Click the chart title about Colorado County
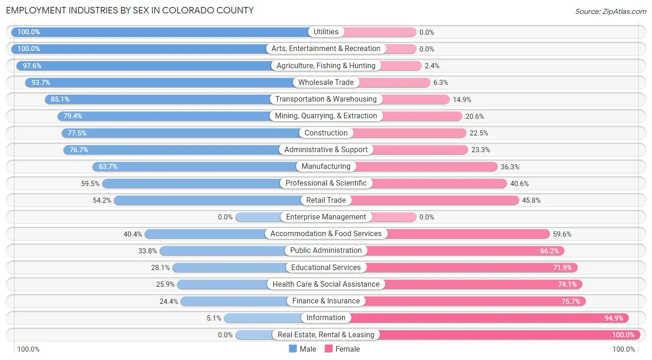(x=130, y=10)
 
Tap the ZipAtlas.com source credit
(x=611, y=11)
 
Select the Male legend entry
(x=302, y=349)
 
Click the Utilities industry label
(x=326, y=32)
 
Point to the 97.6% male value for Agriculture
(x=32, y=66)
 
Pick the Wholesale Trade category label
(x=326, y=83)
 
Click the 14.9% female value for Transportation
(x=462, y=99)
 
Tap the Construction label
(x=326, y=133)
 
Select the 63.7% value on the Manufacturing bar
(x=108, y=167)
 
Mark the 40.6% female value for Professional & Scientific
(x=520, y=184)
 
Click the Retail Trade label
(x=326, y=200)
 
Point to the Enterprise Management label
(x=326, y=217)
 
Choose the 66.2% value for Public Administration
(x=550, y=251)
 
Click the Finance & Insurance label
(x=326, y=301)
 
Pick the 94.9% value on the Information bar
(x=614, y=318)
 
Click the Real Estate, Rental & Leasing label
(x=326, y=335)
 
